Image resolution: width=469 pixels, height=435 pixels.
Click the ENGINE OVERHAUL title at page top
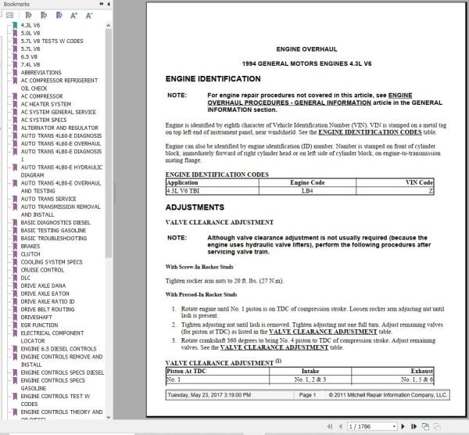point(300,49)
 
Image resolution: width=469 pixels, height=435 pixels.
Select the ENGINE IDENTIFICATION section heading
point(213,80)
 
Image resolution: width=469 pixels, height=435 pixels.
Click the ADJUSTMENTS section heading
point(193,207)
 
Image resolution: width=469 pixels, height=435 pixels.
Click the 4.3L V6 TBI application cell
point(184,190)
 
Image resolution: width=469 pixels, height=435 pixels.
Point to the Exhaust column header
point(420,372)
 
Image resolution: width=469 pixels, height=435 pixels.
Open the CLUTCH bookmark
point(30,253)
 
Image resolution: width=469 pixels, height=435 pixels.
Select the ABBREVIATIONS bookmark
point(41,72)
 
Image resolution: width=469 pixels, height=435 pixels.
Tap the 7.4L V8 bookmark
point(30,64)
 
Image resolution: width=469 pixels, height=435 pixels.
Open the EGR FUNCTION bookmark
point(39,325)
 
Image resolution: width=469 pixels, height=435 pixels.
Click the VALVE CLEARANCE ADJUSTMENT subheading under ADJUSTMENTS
point(220,223)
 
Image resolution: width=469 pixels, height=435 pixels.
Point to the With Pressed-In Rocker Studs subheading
point(205,294)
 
